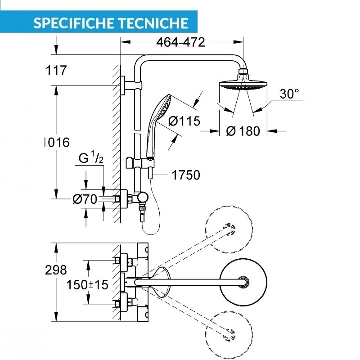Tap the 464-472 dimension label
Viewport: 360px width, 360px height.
coord(180,42)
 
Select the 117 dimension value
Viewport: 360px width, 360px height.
coord(56,70)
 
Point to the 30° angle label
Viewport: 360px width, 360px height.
coord(289,94)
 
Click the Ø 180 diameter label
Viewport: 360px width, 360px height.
coord(243,131)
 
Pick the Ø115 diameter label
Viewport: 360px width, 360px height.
coord(184,121)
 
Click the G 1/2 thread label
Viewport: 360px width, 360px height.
coord(91,158)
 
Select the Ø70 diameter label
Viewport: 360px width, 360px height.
coord(85,198)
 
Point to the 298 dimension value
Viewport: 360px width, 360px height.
coord(56,270)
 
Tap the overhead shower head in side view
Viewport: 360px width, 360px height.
coord(243,84)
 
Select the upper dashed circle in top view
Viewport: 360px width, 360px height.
coord(229,229)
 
